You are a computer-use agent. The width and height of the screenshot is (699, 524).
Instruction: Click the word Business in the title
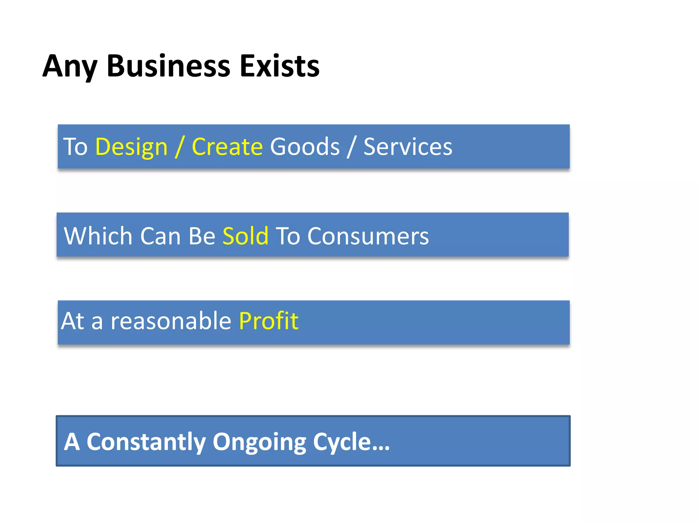click(x=168, y=66)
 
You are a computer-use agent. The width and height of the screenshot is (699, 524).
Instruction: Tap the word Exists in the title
click(x=280, y=66)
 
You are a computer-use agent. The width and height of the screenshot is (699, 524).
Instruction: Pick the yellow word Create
click(x=227, y=147)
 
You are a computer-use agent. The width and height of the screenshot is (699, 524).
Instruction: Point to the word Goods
click(x=305, y=147)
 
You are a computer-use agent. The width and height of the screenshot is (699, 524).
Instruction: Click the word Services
click(x=408, y=147)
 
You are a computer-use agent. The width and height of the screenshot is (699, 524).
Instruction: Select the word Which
click(x=98, y=236)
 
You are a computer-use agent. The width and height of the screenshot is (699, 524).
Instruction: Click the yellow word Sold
click(x=245, y=236)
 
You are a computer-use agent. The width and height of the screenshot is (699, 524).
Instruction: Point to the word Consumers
click(x=368, y=236)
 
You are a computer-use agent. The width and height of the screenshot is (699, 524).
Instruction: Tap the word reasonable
click(x=171, y=321)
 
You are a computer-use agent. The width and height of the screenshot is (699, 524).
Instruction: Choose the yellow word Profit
click(x=269, y=321)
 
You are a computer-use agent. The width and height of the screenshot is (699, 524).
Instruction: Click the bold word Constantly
click(x=146, y=442)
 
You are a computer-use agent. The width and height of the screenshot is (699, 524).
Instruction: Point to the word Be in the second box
click(x=202, y=236)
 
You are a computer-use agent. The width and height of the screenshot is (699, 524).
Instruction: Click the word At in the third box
click(x=73, y=321)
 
